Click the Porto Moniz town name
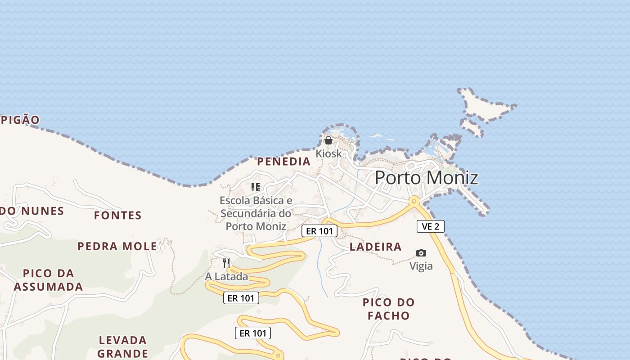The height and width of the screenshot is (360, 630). tap(426, 178)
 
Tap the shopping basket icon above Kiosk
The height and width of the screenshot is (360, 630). tap(328, 140)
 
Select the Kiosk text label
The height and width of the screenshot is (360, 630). tap(328, 153)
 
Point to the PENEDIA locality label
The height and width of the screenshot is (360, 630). tap(283, 162)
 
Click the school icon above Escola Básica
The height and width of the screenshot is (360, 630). tap(256, 187)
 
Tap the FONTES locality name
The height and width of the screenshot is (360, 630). tap(118, 216)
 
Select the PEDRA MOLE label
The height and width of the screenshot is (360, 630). tap(117, 246)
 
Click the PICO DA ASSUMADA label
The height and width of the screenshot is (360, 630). tap(48, 280)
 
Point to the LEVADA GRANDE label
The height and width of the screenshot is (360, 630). tap(122, 346)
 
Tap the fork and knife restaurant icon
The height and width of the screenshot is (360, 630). tap(226, 263)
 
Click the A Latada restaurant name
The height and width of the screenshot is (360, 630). tap(226, 276)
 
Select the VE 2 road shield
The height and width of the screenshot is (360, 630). tap(430, 226)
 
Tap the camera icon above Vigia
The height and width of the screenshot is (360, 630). tap(421, 253)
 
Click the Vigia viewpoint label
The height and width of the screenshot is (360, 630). tap(421, 266)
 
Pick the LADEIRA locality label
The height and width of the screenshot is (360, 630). tap(375, 247)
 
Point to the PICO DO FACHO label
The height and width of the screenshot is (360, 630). tap(388, 309)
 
